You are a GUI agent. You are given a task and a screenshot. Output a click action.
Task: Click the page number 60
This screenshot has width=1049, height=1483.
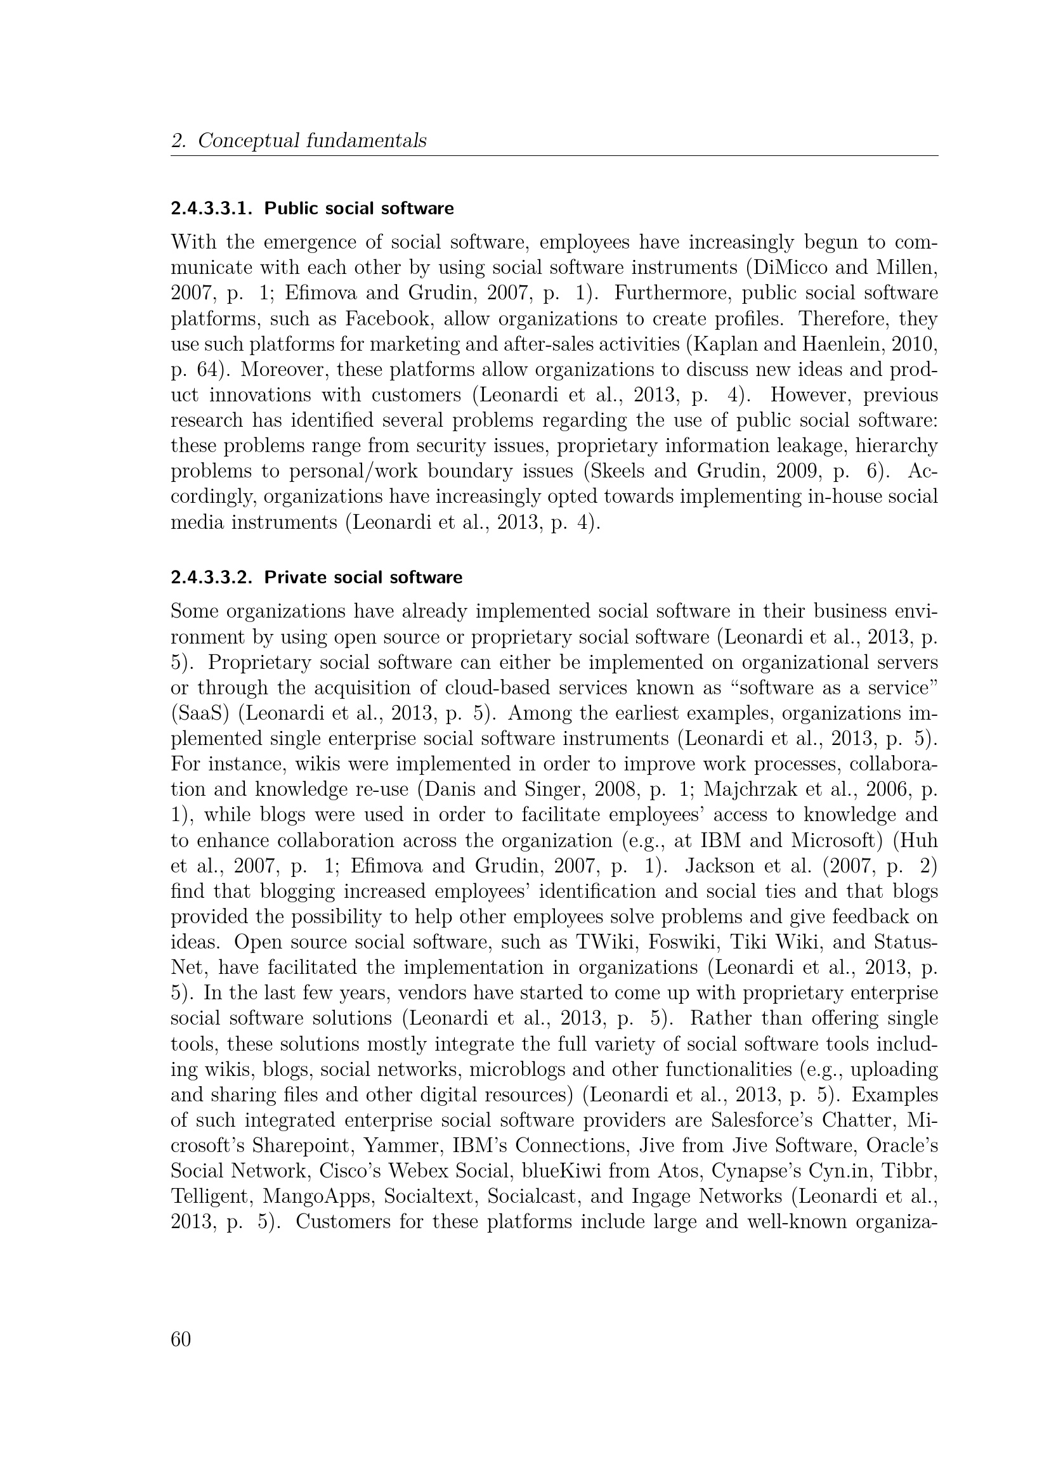pyautogui.click(x=181, y=1340)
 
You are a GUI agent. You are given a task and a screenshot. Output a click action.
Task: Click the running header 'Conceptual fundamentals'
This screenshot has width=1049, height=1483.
pyautogui.click(x=312, y=140)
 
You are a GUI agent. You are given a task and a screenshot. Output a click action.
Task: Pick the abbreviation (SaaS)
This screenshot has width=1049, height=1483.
pyautogui.click(x=200, y=714)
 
